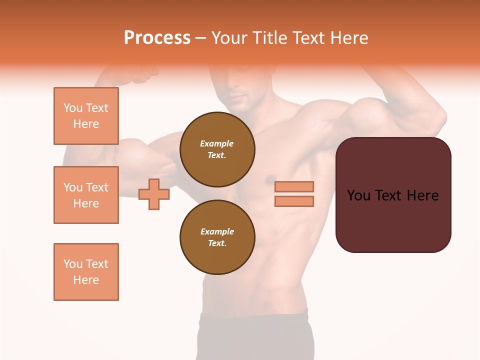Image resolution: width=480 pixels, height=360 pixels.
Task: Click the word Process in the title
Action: pyautogui.click(x=157, y=38)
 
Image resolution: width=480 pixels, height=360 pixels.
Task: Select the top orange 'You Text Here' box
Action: pyautogui.click(x=86, y=116)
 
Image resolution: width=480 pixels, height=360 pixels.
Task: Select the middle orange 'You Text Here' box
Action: pyautogui.click(x=86, y=195)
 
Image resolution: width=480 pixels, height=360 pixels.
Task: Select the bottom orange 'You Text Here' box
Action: pyautogui.click(x=86, y=272)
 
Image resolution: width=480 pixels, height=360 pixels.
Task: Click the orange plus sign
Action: pyautogui.click(x=153, y=194)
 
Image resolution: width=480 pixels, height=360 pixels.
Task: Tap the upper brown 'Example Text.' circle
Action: pyautogui.click(x=217, y=149)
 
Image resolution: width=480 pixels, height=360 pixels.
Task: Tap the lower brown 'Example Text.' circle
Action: pyautogui.click(x=217, y=237)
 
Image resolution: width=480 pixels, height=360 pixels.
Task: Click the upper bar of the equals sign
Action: pyautogui.click(x=294, y=186)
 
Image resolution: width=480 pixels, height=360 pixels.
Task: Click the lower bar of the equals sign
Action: pyautogui.click(x=294, y=201)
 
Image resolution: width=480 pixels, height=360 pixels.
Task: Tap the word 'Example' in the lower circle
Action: pyautogui.click(x=217, y=231)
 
